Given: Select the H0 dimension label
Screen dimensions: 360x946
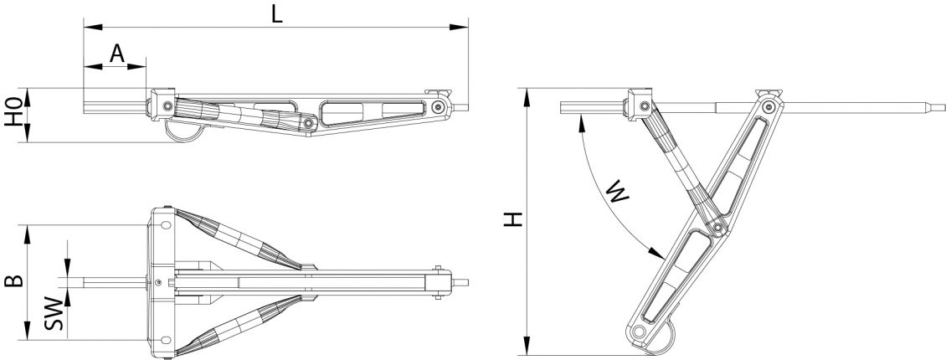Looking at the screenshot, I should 13,115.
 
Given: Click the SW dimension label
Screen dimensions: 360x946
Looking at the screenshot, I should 52,311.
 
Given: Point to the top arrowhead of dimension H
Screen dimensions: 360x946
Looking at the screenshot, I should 527,95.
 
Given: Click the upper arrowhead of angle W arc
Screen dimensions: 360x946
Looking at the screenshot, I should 581,121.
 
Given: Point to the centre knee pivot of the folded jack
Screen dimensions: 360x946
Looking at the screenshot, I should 309,123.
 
